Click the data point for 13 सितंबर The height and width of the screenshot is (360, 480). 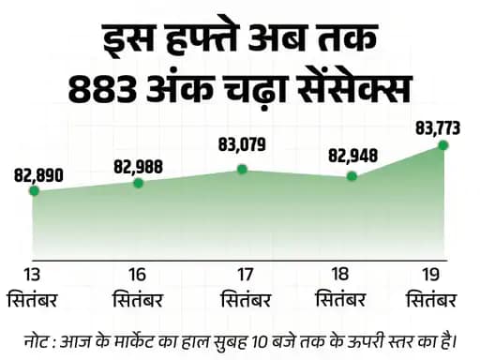click(34, 190)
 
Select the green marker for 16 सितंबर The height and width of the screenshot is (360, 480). click(139, 183)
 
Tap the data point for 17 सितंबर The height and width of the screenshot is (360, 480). click(243, 169)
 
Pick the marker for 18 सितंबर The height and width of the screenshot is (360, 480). click(352, 175)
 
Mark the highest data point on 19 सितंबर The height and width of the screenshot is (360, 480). click(443, 144)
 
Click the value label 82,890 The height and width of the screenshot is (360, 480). click(39, 173)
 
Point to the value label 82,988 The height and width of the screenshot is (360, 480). click(139, 165)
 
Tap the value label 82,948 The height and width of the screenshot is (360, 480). click(352, 155)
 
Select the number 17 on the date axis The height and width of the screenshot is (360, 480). click(246, 274)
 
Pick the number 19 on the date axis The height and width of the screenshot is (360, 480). click(432, 274)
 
